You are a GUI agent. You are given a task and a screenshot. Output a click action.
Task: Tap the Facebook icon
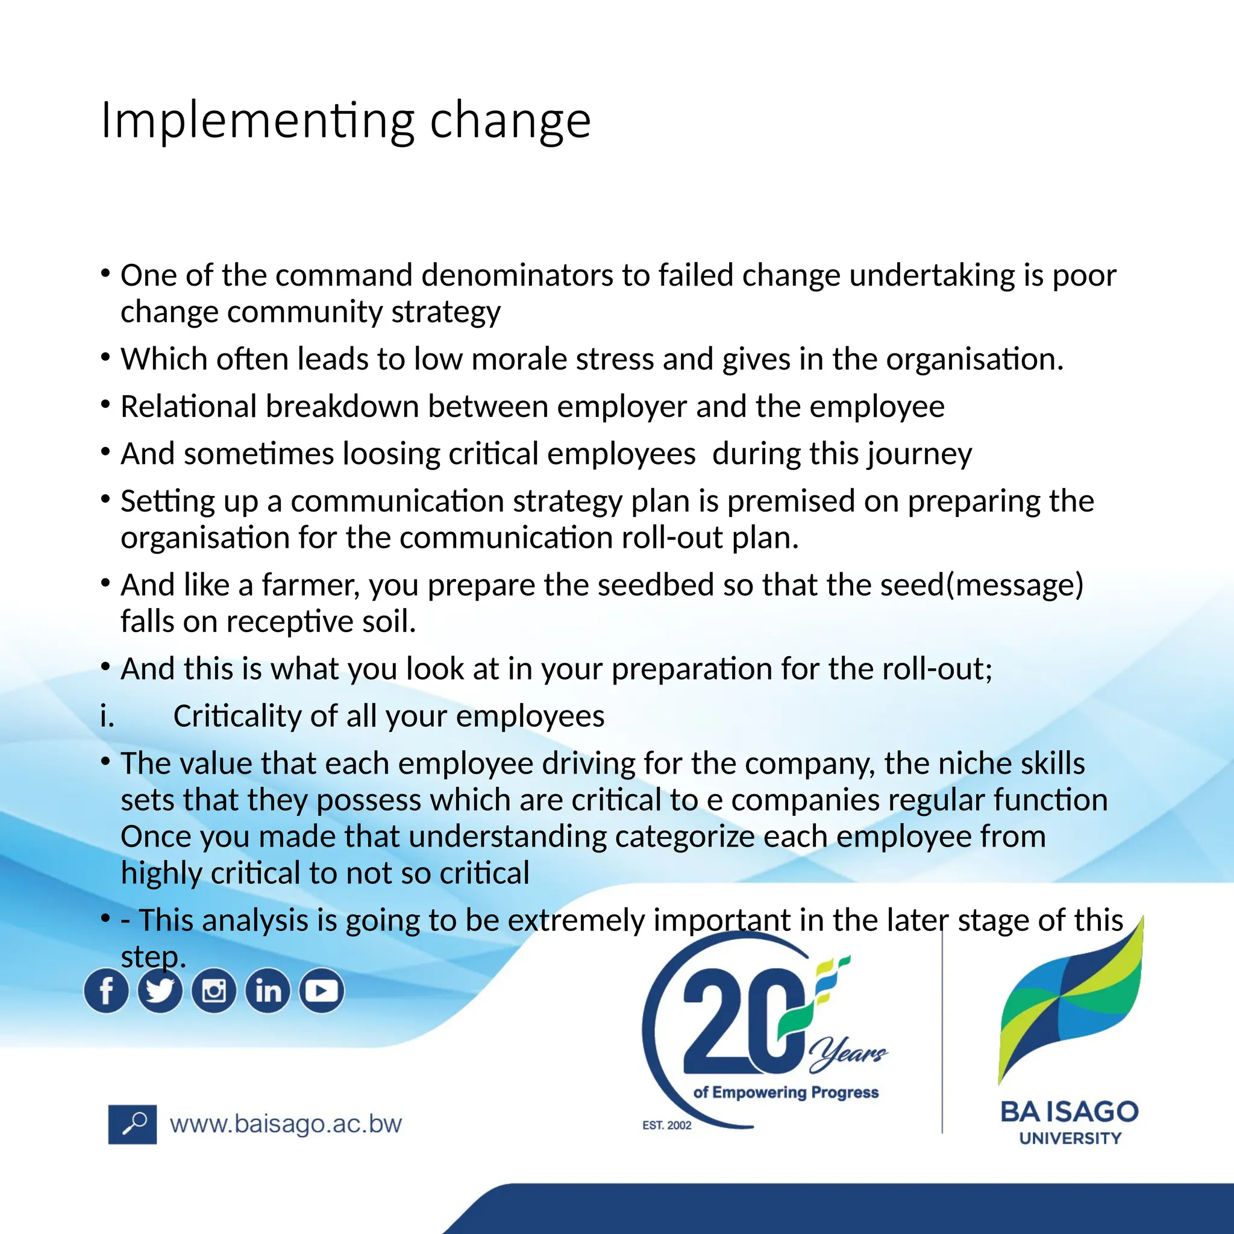pos(106,991)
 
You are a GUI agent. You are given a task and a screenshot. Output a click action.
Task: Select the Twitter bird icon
pos(160,991)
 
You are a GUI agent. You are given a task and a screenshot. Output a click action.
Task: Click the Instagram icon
pos(214,991)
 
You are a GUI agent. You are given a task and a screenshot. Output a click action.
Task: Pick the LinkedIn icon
pos(268,991)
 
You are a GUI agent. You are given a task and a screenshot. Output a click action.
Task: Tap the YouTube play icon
pos(322,991)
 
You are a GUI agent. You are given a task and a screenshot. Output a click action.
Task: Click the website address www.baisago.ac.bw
pos(286,1124)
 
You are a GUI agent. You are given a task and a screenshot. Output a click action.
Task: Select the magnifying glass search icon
pos(133,1124)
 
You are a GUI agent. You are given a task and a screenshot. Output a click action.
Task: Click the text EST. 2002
pos(667,1126)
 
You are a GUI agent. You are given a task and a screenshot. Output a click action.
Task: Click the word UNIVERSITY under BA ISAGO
pos(1071,1139)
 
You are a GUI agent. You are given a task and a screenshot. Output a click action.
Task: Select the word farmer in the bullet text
pos(310,585)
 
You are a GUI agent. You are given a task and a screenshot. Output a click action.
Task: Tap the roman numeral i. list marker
pos(107,716)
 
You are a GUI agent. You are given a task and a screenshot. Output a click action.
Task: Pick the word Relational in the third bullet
pos(189,407)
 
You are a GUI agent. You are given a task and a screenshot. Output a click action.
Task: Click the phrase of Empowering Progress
pos(786,1092)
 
